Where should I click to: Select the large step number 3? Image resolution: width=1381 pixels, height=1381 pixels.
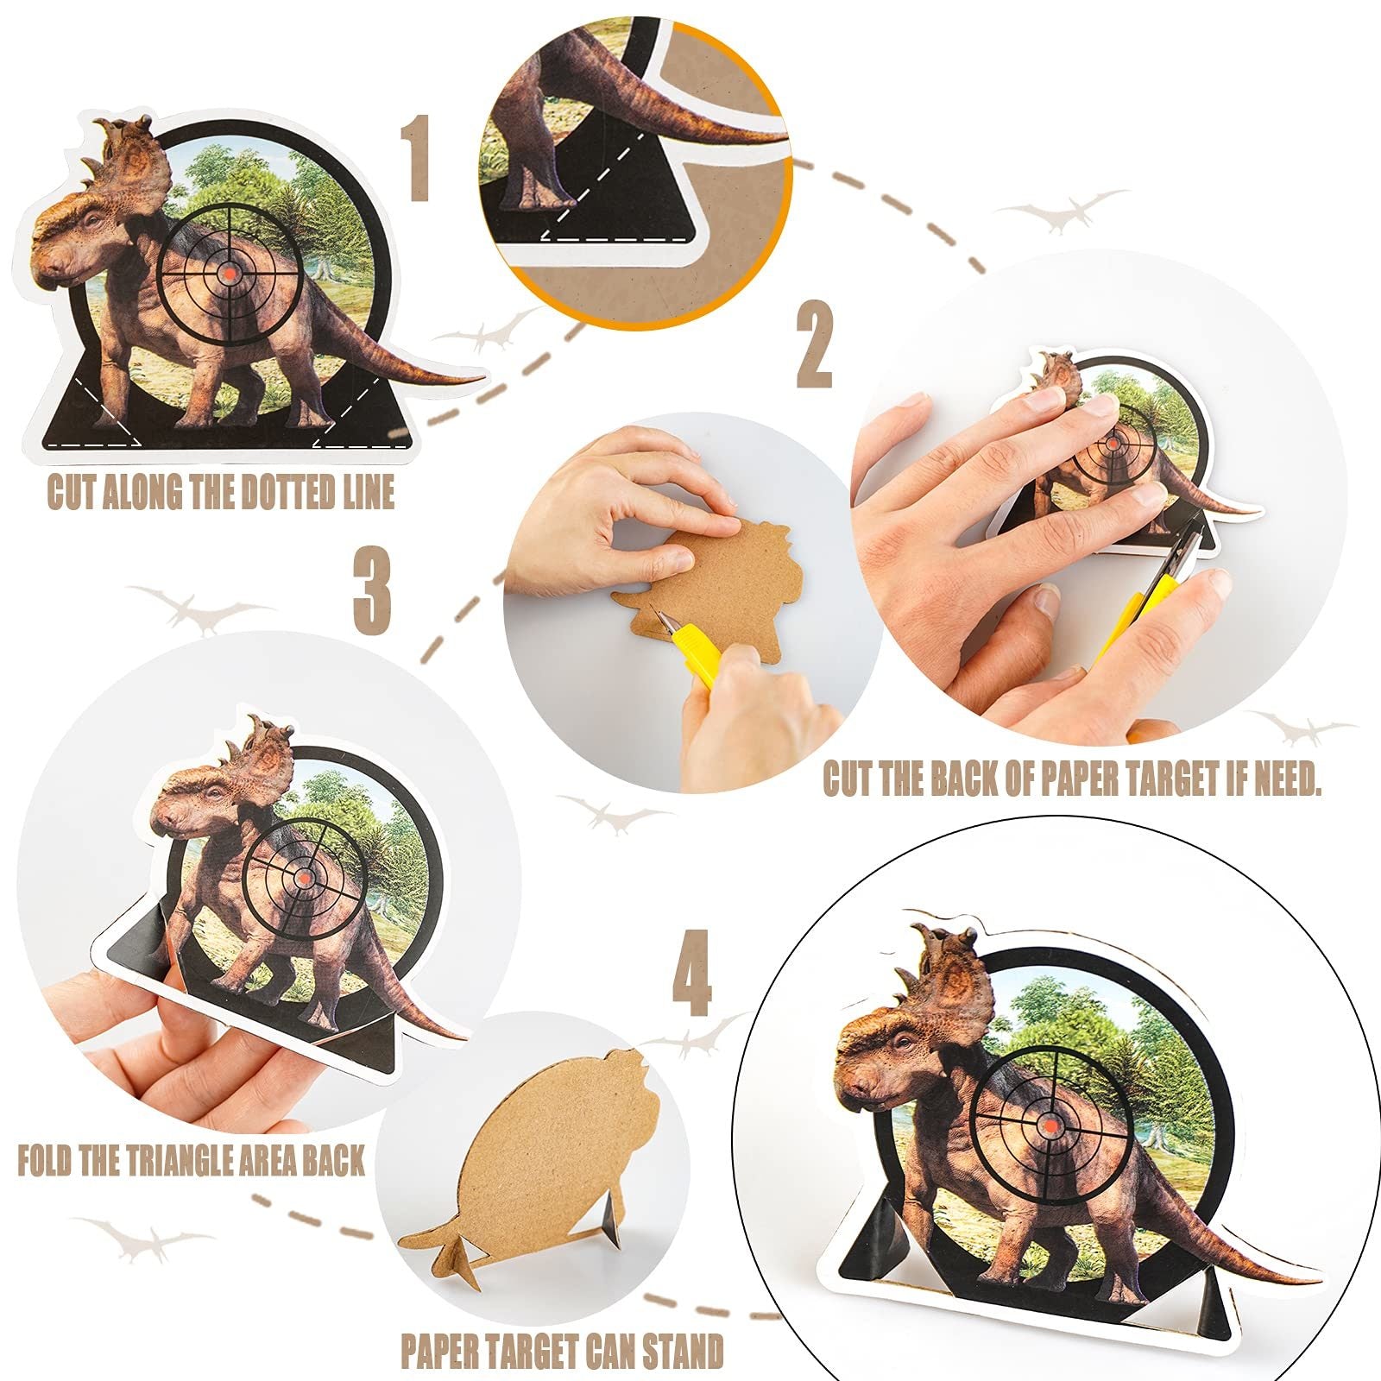click(x=372, y=590)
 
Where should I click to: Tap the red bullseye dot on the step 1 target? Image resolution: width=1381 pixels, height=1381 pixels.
click(x=229, y=273)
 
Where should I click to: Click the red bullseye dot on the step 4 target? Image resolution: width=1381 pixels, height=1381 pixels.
click(x=1049, y=1127)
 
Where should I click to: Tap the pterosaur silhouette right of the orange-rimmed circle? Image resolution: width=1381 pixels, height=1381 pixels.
click(x=1062, y=210)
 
